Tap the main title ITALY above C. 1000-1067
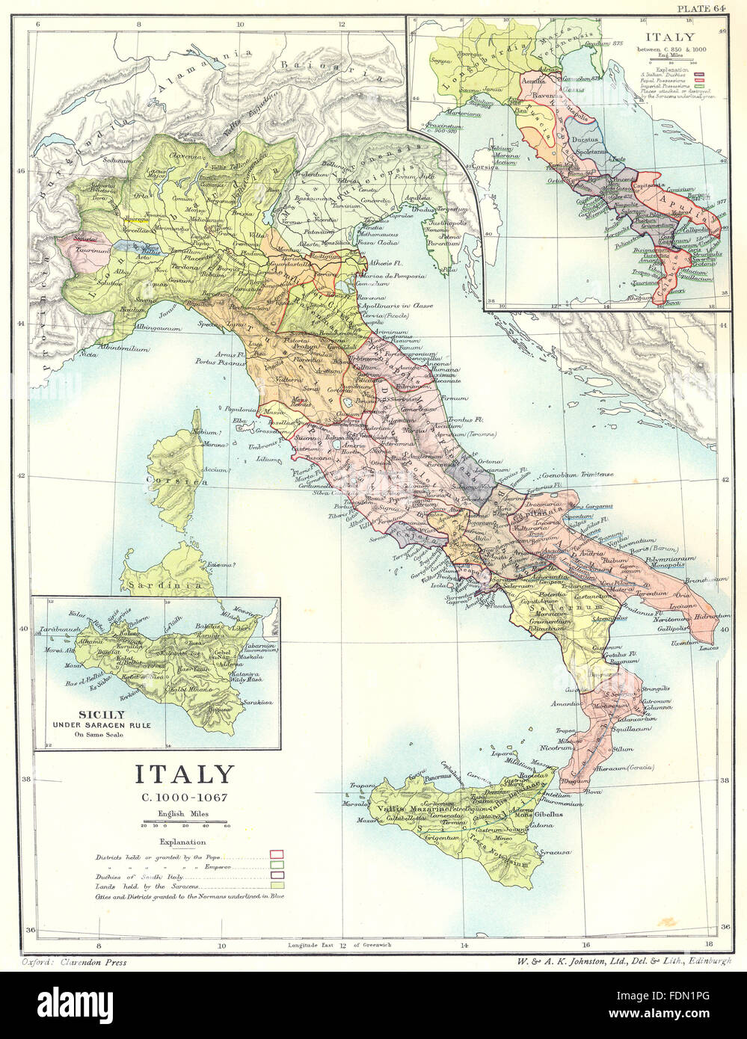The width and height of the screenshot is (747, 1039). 183,774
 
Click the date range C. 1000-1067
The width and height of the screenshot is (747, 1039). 183,797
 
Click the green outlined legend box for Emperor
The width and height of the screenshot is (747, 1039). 277,864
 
